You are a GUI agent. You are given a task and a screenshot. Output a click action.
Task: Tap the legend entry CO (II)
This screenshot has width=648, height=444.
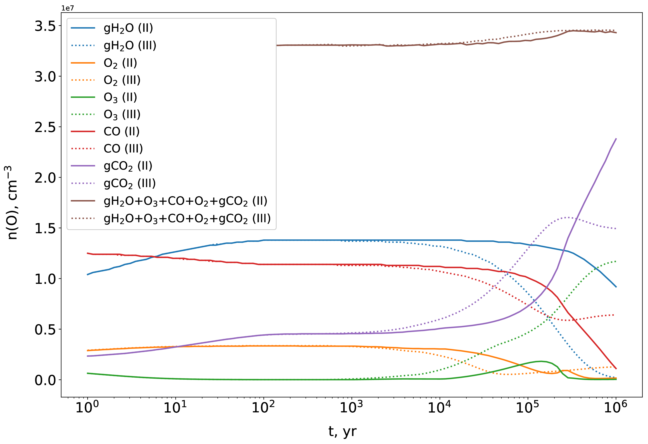(121, 132)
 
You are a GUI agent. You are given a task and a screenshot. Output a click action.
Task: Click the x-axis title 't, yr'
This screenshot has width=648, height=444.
(342, 432)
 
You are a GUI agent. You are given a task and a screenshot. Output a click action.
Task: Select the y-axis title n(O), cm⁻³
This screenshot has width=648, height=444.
(12, 203)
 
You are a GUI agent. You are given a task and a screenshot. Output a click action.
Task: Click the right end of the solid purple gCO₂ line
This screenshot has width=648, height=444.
(616, 139)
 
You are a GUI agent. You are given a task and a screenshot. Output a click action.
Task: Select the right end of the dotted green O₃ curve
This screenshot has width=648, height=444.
(616, 261)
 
